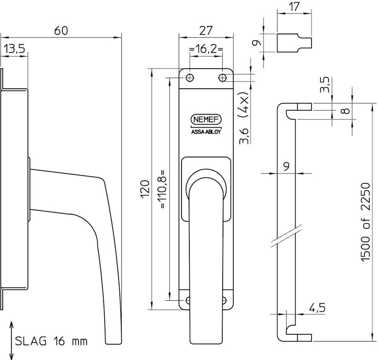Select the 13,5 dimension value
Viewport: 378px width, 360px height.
tap(14, 49)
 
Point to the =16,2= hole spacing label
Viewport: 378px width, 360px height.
tap(206, 49)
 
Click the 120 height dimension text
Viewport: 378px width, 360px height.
tap(145, 189)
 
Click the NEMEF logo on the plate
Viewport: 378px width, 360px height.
tap(206, 119)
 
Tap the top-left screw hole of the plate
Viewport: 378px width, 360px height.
tap(190, 77)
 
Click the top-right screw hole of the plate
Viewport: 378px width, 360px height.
tap(223, 77)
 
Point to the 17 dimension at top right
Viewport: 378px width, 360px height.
tap(294, 7)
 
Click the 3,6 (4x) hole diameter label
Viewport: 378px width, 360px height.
tap(244, 118)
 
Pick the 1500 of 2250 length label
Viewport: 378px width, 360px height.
tap(365, 222)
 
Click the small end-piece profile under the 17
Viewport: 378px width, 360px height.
tap(294, 42)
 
